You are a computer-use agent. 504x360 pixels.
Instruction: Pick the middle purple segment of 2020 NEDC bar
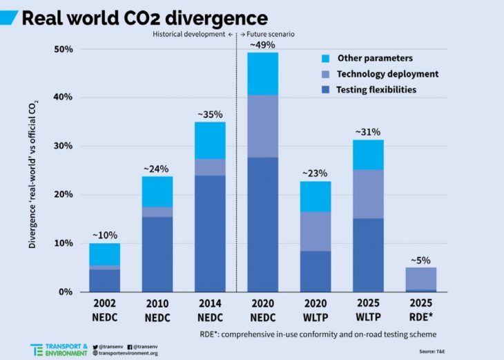262,126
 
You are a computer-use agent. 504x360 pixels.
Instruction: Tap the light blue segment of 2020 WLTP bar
316,196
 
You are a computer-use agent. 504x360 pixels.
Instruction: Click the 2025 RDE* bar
421,279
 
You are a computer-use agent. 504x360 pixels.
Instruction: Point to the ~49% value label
262,45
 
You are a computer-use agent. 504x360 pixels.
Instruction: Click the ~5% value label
421,260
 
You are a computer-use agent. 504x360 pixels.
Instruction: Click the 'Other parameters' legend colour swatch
324,58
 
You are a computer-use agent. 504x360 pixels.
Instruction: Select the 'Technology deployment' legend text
387,74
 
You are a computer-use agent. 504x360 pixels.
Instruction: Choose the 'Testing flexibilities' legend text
376,90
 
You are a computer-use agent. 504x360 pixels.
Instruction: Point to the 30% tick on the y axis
64,146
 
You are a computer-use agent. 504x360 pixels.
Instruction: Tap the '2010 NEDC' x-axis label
157,310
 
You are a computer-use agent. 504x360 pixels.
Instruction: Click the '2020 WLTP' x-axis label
316,310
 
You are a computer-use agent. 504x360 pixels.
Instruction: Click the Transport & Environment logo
58,349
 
